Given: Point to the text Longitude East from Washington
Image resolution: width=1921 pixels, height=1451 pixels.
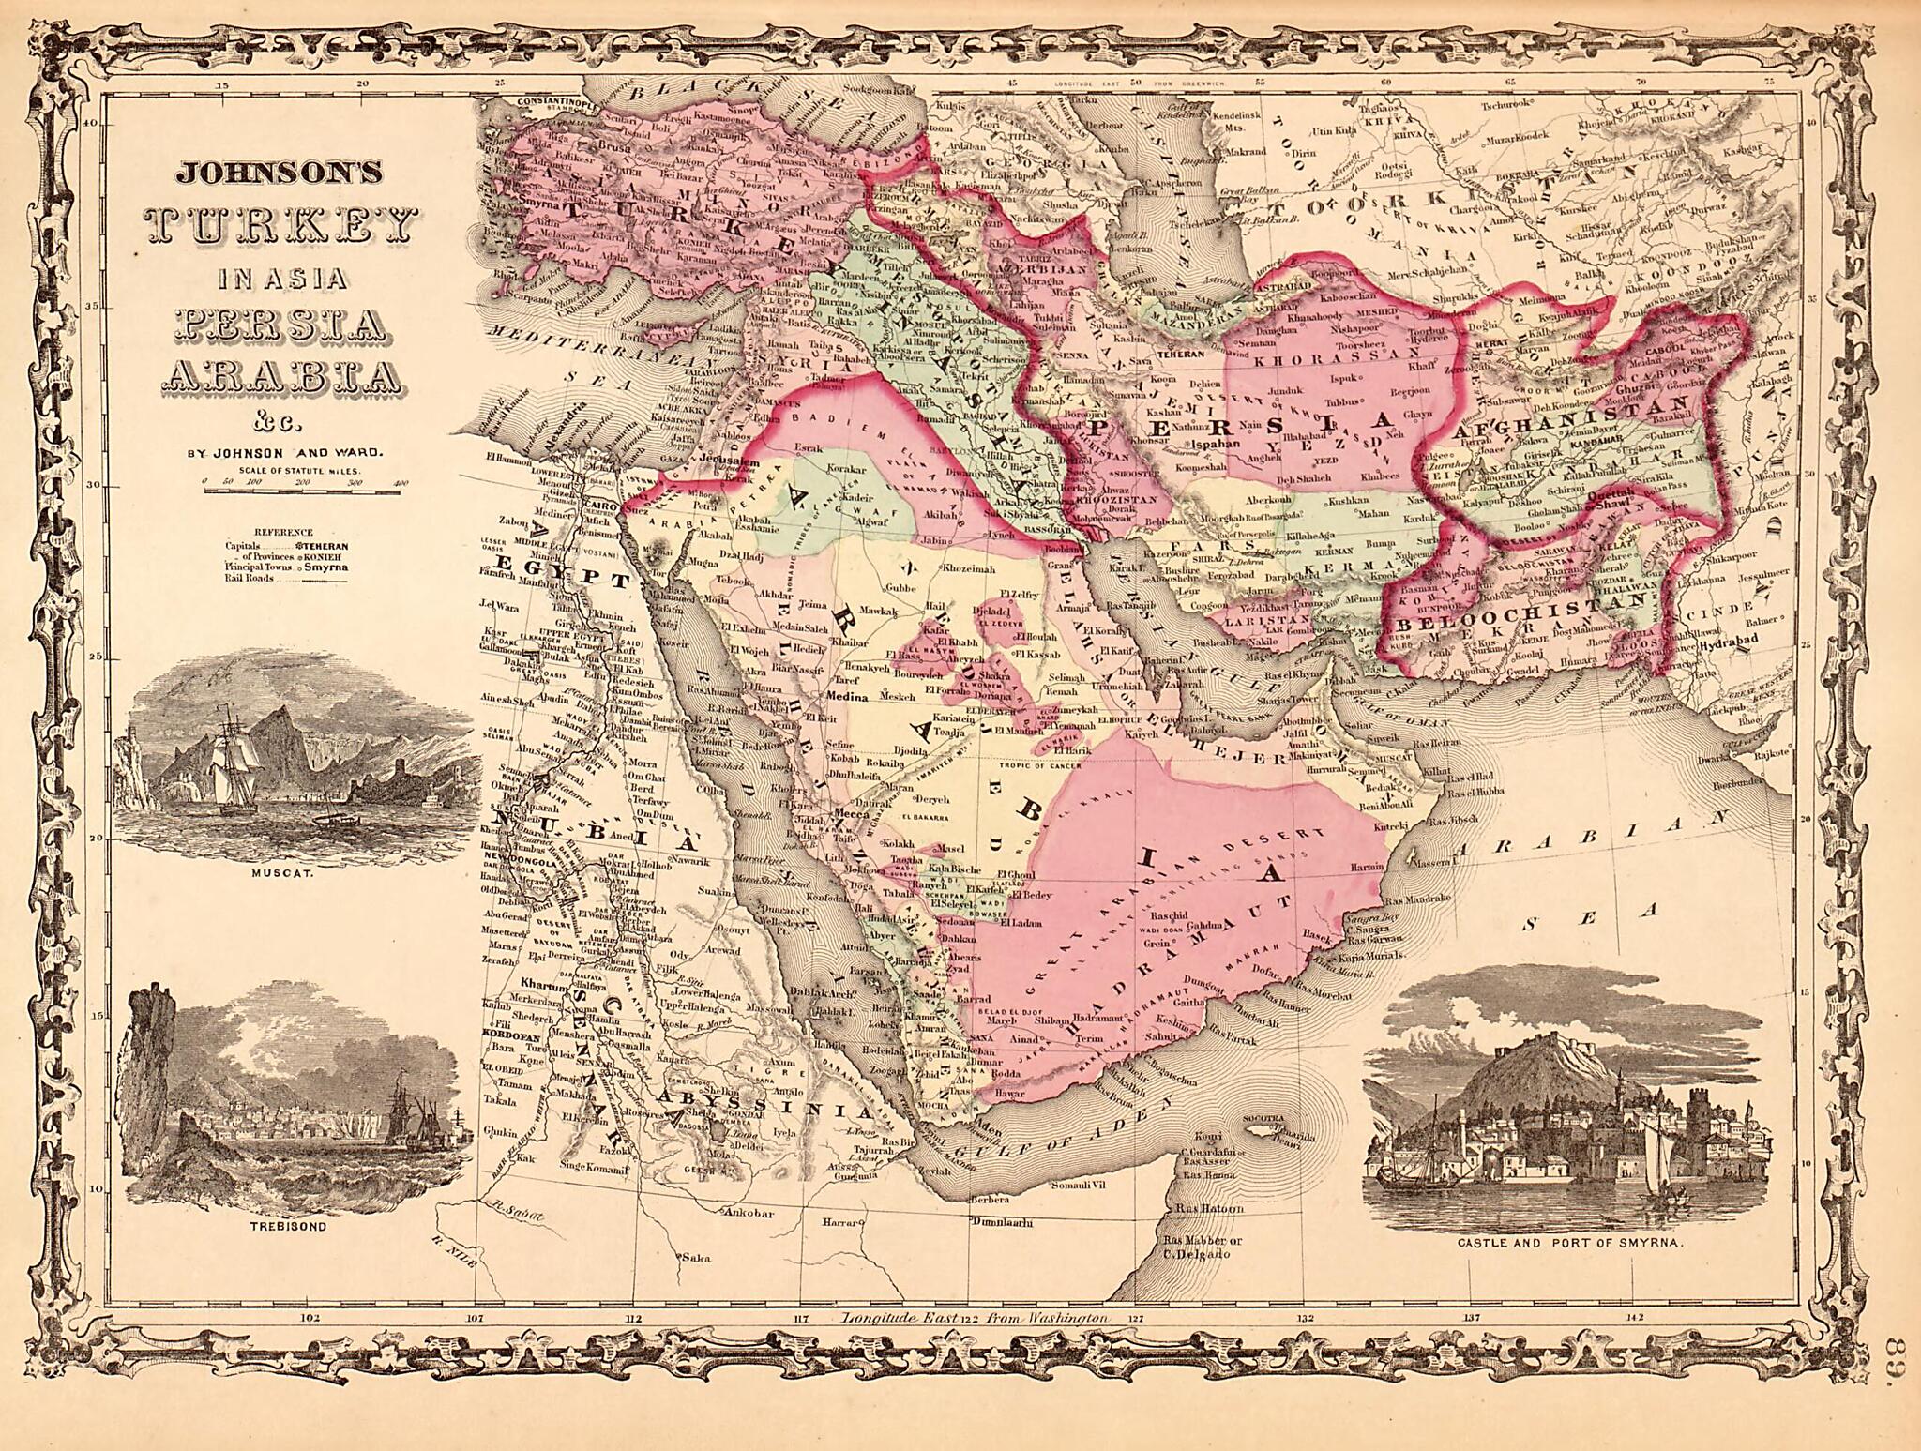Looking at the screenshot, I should tap(976, 1318).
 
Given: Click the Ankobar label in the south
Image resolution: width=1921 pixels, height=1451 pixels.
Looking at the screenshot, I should tap(749, 1212).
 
